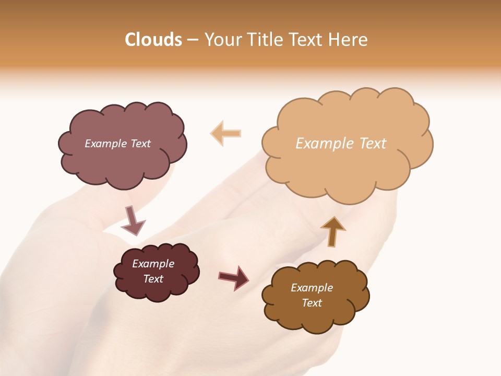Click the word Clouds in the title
pos(153,40)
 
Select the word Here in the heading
pos(349,40)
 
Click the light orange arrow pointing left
pos(226,133)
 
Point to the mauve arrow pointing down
pos(133,220)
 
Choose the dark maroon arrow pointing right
pos(233,278)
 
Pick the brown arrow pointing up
pos(332,231)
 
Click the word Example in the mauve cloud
pos(105,144)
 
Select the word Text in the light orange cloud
pos(373,144)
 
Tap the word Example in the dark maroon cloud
pos(153,264)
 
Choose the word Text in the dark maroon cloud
pos(153,279)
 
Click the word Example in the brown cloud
pos(312,288)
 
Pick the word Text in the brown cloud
pos(312,303)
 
